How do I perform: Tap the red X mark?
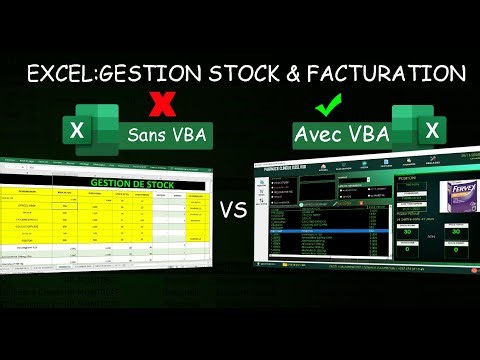156,103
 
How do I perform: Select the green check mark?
327,105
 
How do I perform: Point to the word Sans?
145,136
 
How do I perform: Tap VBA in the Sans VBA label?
188,136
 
